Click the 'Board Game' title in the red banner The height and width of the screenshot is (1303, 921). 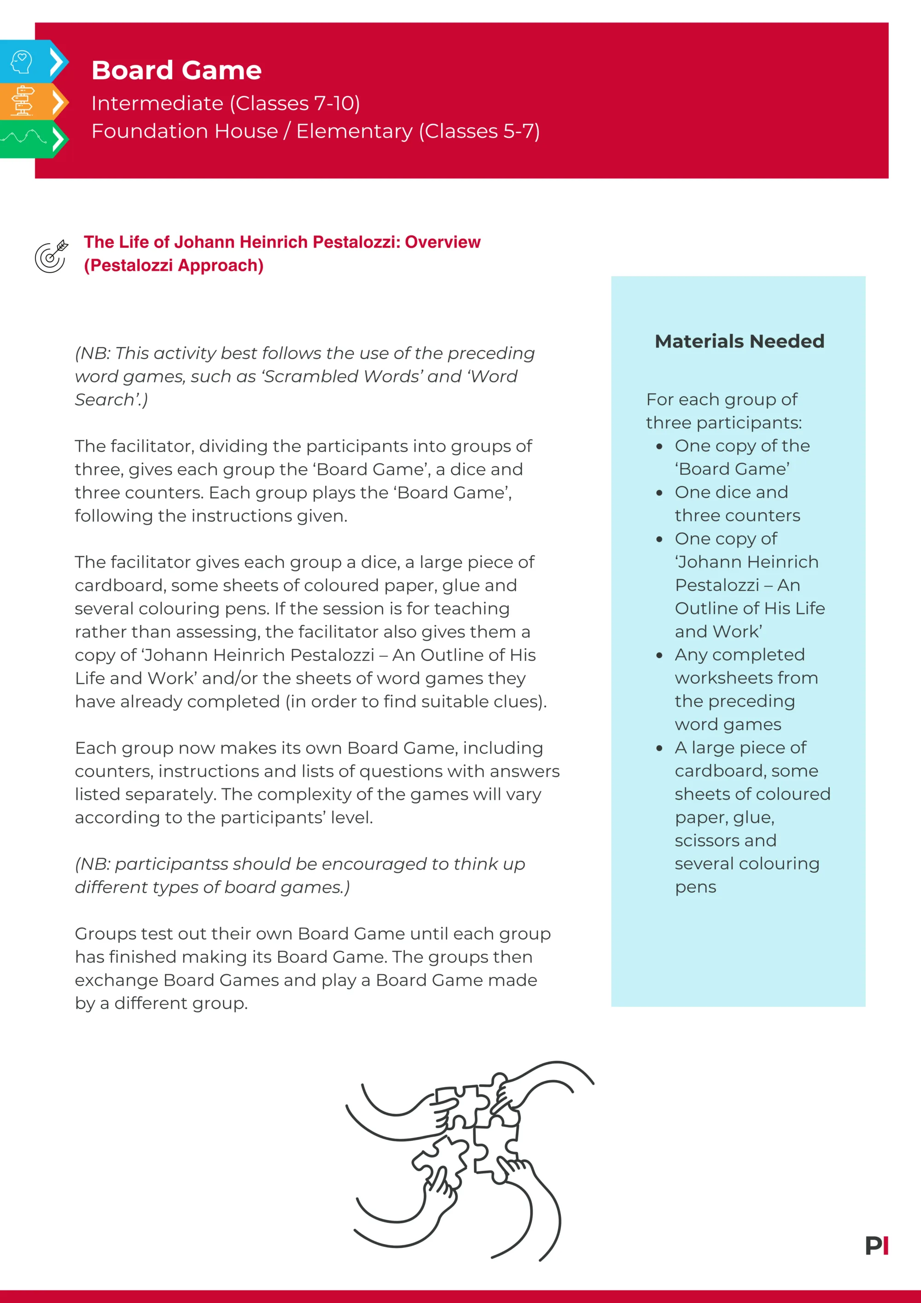click(x=176, y=70)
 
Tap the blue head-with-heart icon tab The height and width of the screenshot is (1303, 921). click(x=23, y=61)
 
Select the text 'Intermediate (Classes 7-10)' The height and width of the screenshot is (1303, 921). click(x=225, y=103)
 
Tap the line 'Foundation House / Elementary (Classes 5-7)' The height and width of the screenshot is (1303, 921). click(x=315, y=131)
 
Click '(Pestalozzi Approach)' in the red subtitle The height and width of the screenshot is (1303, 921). click(x=174, y=266)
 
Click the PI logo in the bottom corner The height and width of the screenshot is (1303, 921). click(x=876, y=1246)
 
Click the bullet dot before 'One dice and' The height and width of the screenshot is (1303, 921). click(x=659, y=493)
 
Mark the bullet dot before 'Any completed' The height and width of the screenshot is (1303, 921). click(x=659, y=655)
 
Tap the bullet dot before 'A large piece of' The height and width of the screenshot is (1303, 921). click(x=659, y=748)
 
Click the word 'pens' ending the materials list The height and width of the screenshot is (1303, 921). click(x=695, y=887)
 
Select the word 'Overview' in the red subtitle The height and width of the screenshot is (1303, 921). click(x=443, y=242)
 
